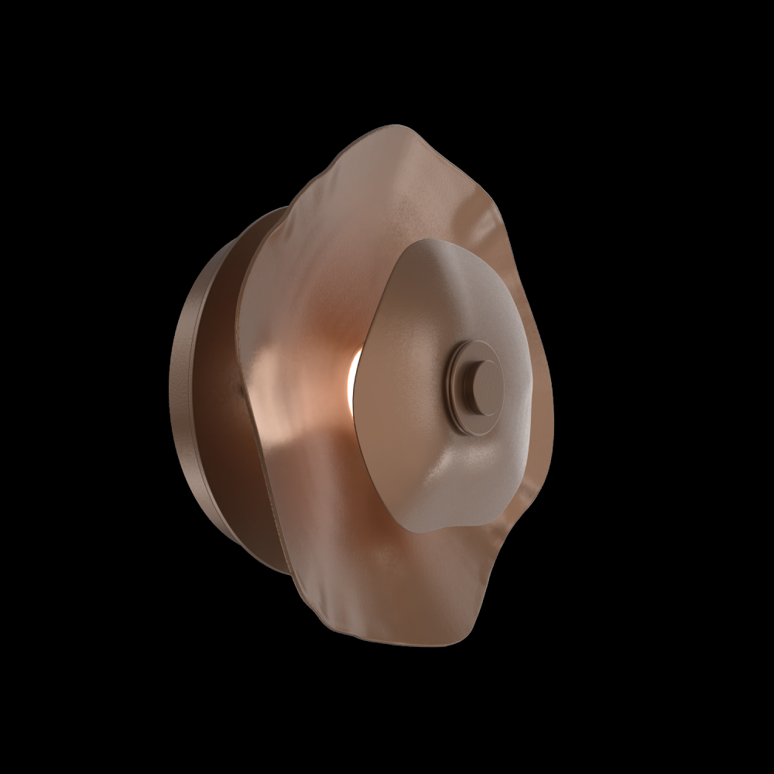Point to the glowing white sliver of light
(353, 372)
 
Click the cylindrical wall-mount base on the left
(190, 387)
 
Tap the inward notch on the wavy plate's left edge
(241, 387)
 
